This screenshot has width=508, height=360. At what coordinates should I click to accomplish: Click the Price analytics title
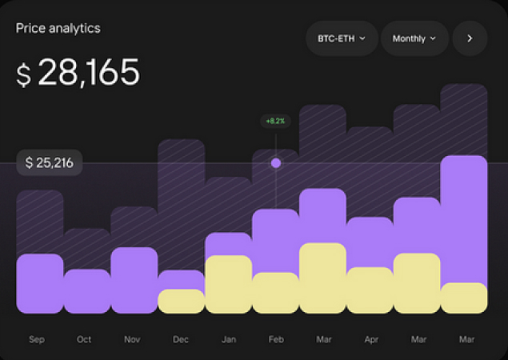tap(58, 28)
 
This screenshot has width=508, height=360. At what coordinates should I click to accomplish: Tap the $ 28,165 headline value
tap(78, 74)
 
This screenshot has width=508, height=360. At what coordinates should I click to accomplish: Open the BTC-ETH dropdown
tap(342, 38)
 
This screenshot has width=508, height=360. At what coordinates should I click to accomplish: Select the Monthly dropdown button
tap(414, 38)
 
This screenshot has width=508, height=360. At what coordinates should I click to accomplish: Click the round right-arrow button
tap(470, 38)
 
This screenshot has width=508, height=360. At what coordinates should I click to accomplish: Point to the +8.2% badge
tap(276, 122)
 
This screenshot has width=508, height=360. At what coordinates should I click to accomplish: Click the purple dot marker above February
tap(276, 163)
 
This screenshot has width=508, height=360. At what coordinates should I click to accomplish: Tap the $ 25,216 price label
tap(50, 163)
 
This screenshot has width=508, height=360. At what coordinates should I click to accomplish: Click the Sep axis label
tap(37, 340)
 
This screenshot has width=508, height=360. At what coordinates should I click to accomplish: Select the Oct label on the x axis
tap(84, 340)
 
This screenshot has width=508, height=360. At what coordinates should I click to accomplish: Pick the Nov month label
tap(132, 340)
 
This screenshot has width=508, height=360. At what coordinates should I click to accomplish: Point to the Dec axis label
tap(181, 340)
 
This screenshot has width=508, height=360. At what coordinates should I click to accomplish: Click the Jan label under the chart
tap(229, 340)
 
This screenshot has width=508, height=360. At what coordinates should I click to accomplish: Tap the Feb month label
tap(276, 340)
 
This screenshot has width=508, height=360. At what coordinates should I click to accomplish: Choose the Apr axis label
tap(370, 340)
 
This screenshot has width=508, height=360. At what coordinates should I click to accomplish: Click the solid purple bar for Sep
tap(39, 283)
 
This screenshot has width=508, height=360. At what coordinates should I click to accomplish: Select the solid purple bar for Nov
tap(134, 280)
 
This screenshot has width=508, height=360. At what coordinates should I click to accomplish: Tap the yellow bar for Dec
tap(181, 301)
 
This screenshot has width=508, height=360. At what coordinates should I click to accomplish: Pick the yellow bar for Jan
tap(228, 285)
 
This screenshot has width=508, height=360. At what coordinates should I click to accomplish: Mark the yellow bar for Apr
tap(370, 290)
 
